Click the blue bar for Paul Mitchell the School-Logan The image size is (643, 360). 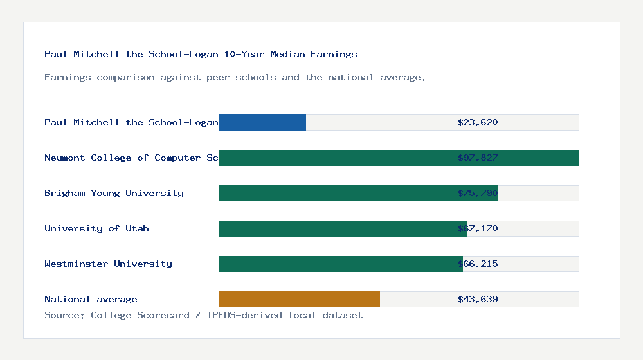point(262,122)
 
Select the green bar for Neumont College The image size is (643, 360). point(399,157)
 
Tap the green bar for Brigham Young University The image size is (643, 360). point(358,193)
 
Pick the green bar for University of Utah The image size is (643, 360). point(343,228)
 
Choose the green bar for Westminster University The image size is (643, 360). point(341,264)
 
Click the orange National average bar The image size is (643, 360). point(299,299)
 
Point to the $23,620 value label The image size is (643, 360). point(478,122)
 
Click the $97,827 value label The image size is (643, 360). point(478,157)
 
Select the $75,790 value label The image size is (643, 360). point(478,193)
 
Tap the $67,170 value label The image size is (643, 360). point(478,228)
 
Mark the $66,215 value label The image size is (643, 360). point(478,264)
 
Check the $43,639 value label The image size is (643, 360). point(478,299)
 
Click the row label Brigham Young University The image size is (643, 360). point(114,193)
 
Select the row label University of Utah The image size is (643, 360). point(96,228)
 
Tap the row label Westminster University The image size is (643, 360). point(108,264)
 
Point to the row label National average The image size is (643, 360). point(91,299)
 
